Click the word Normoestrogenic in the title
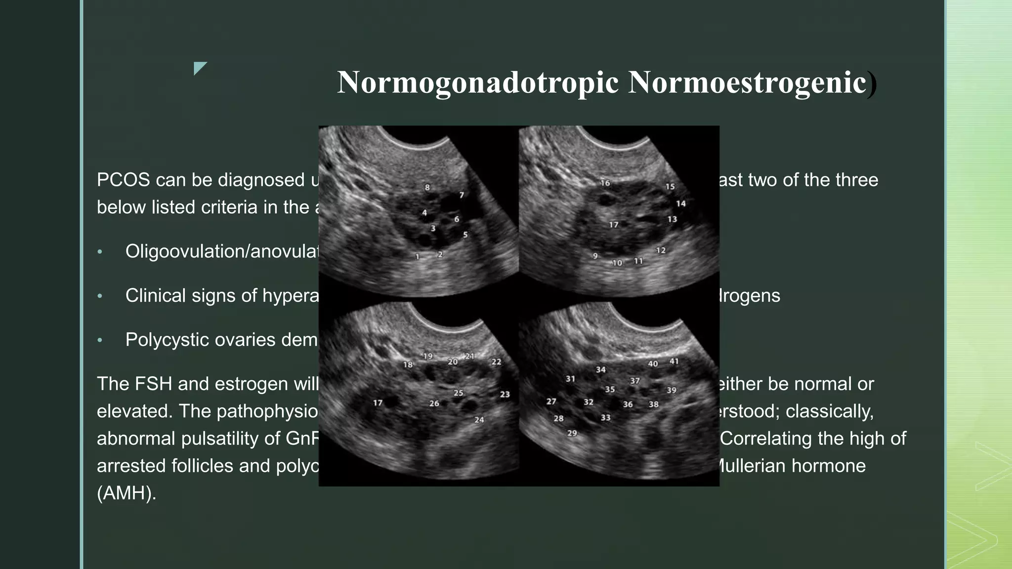tap(747, 82)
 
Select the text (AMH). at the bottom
tap(126, 493)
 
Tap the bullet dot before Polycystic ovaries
tap(100, 340)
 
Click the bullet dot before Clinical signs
tap(100, 296)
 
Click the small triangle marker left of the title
tap(200, 68)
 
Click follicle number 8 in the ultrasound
tap(427, 187)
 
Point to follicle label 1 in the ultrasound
tap(418, 256)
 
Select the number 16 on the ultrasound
tap(605, 183)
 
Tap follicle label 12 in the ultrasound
tap(661, 250)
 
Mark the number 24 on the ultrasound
tap(479, 420)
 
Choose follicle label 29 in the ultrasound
tap(572, 433)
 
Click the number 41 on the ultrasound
tap(674, 362)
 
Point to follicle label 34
tap(600, 369)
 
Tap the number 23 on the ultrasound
tap(505, 394)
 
